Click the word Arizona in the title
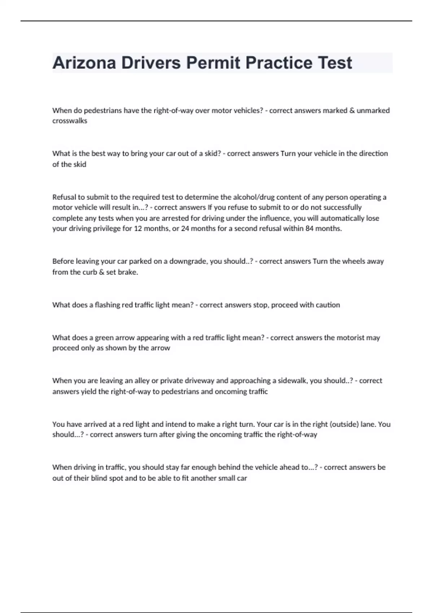click(x=84, y=63)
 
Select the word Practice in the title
click(x=279, y=63)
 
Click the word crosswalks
click(x=70, y=121)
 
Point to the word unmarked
click(x=373, y=110)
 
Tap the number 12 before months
click(x=138, y=228)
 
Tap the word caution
click(x=328, y=305)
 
